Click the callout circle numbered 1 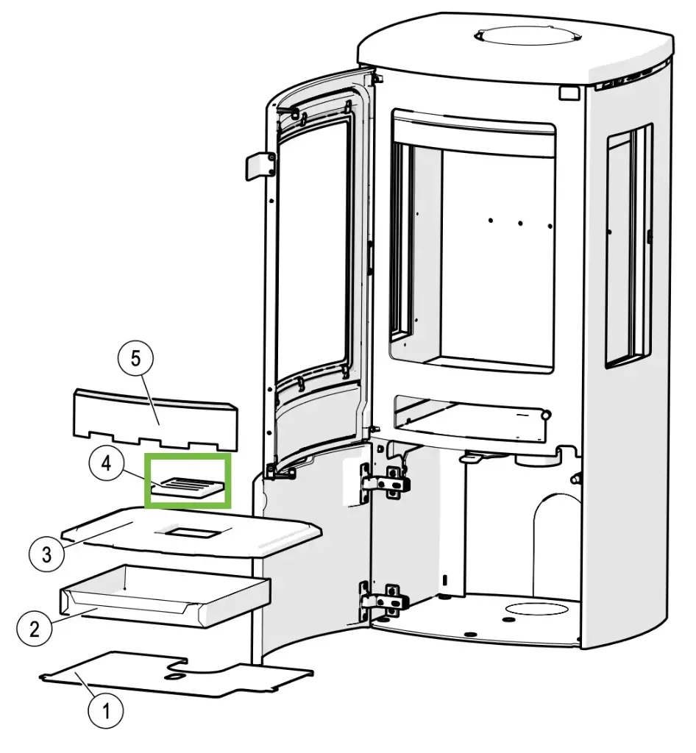pyautogui.click(x=104, y=711)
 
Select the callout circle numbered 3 pyautogui.click(x=47, y=553)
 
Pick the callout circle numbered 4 pyautogui.click(x=107, y=465)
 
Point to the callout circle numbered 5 pyautogui.click(x=135, y=360)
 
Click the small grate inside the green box pyautogui.click(x=188, y=488)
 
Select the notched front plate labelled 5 pyautogui.click(x=155, y=420)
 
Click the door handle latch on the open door pyautogui.click(x=258, y=165)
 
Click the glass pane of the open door pyautogui.click(x=313, y=247)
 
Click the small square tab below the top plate pyautogui.click(x=568, y=93)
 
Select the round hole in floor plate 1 pyautogui.click(x=177, y=672)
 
